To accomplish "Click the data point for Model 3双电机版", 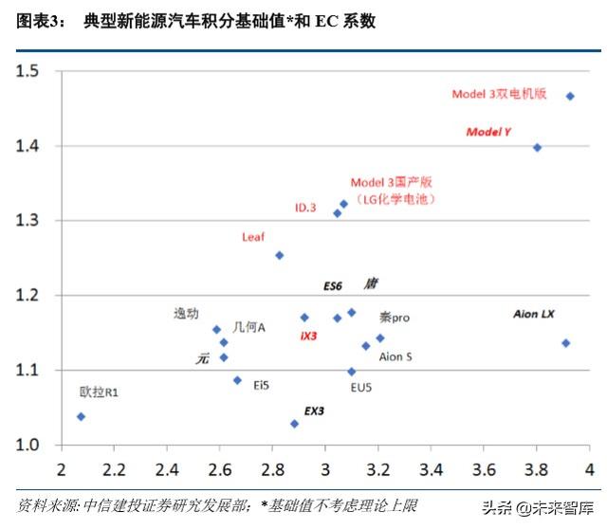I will pyautogui.click(x=570, y=96).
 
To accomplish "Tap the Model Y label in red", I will pyautogui.click(x=488, y=132).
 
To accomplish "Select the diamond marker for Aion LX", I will pyautogui.click(x=565, y=343).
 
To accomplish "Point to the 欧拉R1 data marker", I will pyautogui.click(x=81, y=416).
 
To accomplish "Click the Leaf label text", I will pyautogui.click(x=254, y=237).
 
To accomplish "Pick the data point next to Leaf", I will pyautogui.click(x=280, y=255).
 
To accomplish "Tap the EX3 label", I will pyautogui.click(x=314, y=411).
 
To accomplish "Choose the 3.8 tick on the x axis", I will pyautogui.click(x=536, y=468).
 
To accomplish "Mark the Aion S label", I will pyautogui.click(x=395, y=357).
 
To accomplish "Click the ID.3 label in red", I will pyautogui.click(x=304, y=207).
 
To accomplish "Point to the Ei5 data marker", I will pyautogui.click(x=237, y=380).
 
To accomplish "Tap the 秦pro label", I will pyautogui.click(x=395, y=318).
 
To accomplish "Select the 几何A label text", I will pyautogui.click(x=248, y=327).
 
